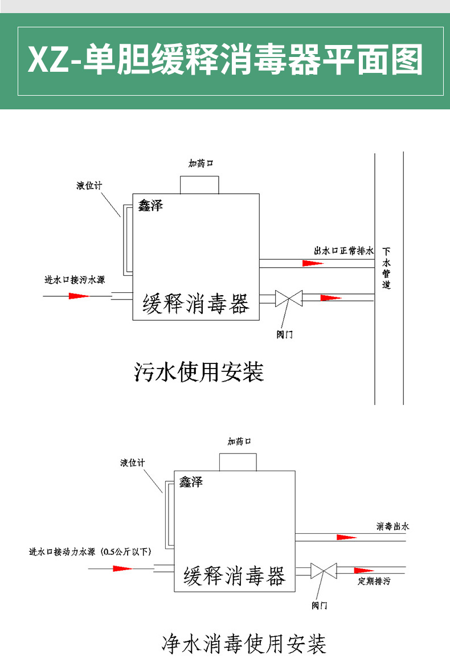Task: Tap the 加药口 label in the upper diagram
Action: coord(201,163)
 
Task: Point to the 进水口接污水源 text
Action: coord(75,280)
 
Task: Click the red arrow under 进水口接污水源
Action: coord(79,296)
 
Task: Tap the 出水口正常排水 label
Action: coord(344,251)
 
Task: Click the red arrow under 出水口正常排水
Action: coord(313,263)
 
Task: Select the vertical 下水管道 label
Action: coord(387,268)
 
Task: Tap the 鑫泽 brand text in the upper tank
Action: coord(150,206)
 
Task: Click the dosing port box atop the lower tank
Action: coord(238,461)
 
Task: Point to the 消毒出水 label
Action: coord(392,526)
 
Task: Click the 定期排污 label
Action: coord(374,582)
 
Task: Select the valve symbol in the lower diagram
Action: coord(324,570)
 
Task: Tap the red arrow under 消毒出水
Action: coord(346,537)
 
